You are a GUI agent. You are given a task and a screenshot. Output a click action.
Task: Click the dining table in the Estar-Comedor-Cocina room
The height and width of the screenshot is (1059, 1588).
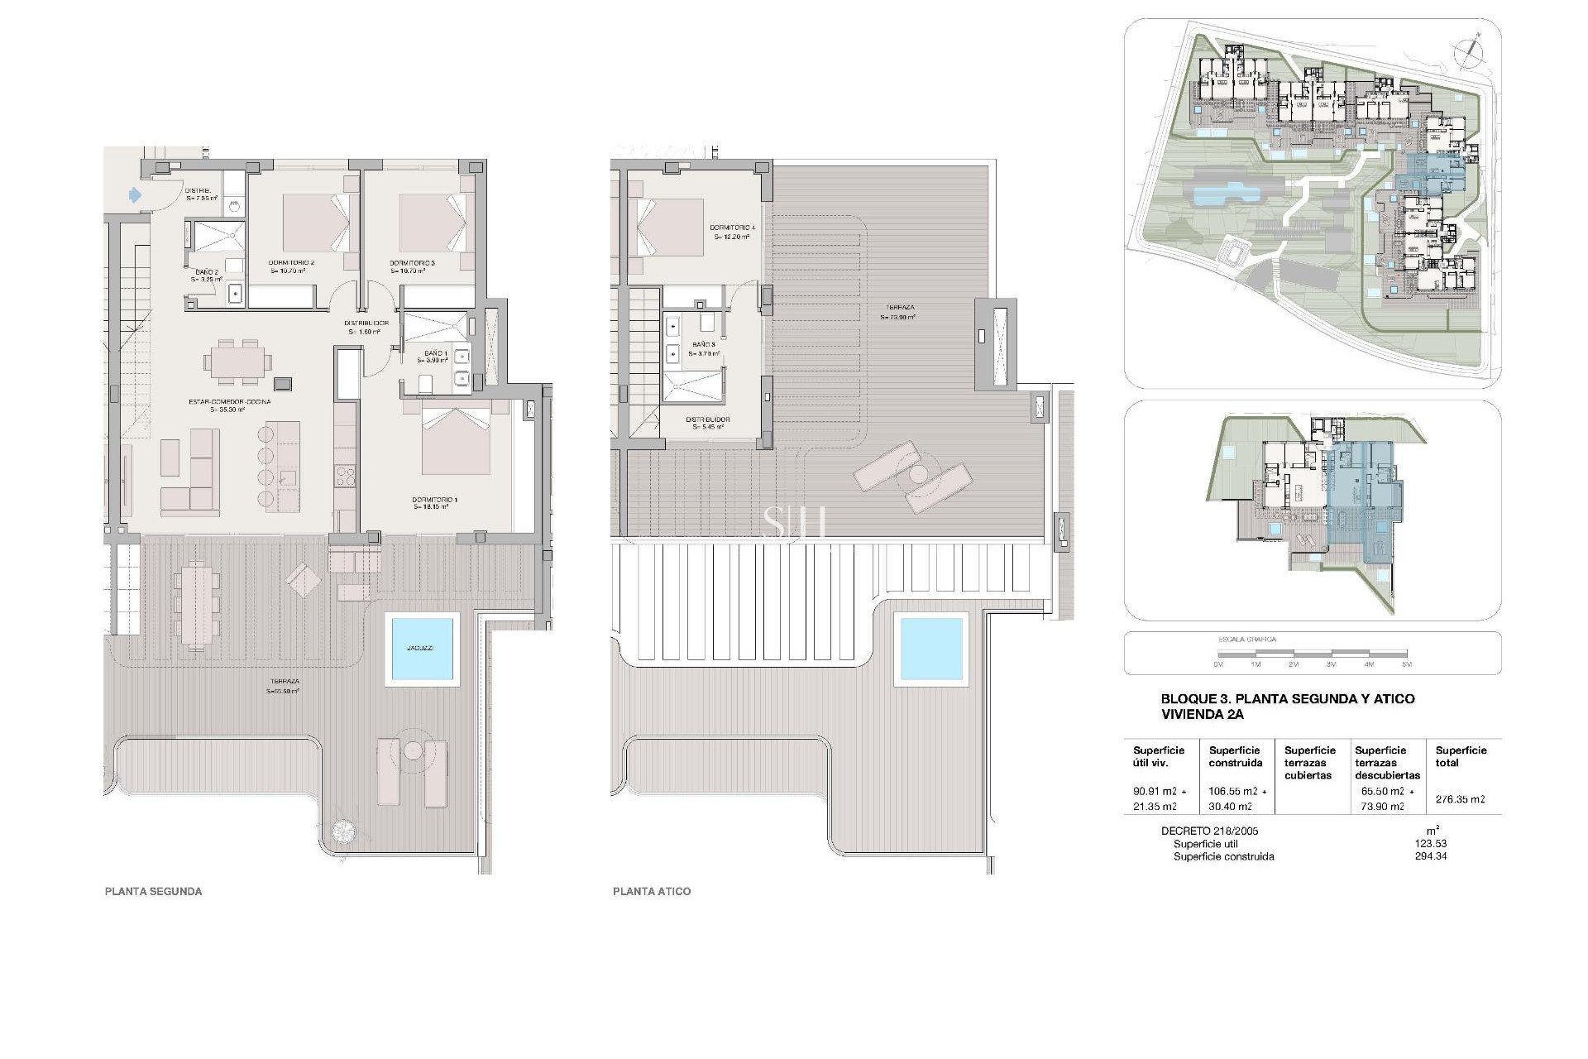click(x=238, y=365)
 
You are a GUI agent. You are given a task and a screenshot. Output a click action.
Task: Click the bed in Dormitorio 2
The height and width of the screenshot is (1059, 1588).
click(x=311, y=223)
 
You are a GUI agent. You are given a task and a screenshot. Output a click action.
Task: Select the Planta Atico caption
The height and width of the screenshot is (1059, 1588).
click(x=651, y=891)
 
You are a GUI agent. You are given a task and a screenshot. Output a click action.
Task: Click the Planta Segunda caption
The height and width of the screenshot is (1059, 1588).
click(x=153, y=891)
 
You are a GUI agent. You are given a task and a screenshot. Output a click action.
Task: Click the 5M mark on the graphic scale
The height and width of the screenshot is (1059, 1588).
click(x=1406, y=664)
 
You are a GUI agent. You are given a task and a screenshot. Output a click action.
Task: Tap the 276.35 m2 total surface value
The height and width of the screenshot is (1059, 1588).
click(x=1461, y=799)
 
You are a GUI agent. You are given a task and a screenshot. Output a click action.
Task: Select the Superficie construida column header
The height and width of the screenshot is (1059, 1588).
click(x=1235, y=756)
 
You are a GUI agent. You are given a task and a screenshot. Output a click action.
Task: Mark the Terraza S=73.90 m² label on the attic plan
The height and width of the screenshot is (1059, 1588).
click(x=897, y=311)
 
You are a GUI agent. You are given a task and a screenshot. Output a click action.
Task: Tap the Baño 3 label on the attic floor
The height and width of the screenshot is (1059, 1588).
click(x=704, y=347)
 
